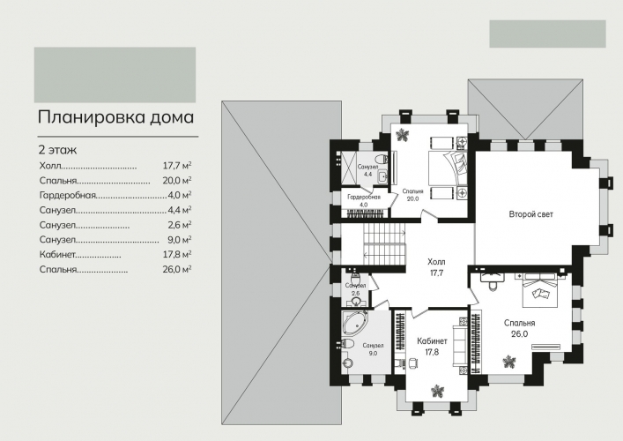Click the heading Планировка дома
pos(115,117)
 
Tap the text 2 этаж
pos(57,150)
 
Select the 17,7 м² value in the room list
pos(177,166)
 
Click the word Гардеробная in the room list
pos(68,195)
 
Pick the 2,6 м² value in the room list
pos(180,225)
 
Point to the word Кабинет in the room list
pos(57,255)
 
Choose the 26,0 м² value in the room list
pos(177,269)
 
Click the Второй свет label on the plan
pos(530,214)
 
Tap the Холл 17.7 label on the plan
pos(436,267)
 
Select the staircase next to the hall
pos(384,243)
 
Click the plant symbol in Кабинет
pos(437,391)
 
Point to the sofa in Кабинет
pos(460,346)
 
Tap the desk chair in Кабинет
pos(412,363)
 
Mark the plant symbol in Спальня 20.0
pos(403,135)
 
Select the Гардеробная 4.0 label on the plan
pos(364,201)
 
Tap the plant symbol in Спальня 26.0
pos(508,362)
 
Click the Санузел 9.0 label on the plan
pos(373,349)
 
